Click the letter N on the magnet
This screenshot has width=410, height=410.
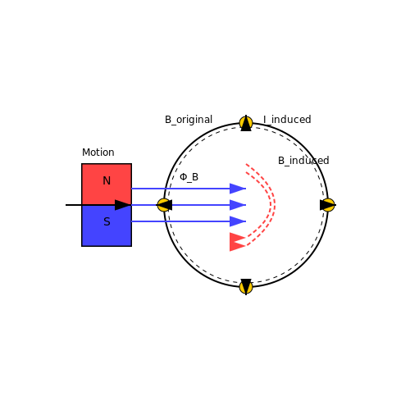(x=107, y=180)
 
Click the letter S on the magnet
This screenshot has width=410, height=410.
(x=107, y=221)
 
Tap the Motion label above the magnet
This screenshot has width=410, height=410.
(x=98, y=153)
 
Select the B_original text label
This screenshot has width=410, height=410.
(x=189, y=120)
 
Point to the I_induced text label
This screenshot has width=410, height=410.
(x=287, y=120)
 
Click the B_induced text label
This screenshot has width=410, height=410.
(x=303, y=161)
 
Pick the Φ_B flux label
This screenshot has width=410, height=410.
(x=189, y=177)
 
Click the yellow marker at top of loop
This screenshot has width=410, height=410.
(x=246, y=123)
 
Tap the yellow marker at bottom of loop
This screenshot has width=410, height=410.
(x=246, y=287)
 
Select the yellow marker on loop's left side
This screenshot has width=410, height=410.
(x=164, y=205)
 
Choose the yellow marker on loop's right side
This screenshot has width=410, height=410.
(x=328, y=205)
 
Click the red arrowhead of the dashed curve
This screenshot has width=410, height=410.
(x=237, y=242)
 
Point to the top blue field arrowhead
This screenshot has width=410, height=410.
(x=238, y=189)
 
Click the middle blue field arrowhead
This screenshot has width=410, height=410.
(x=238, y=205)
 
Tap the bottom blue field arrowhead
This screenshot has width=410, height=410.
(x=238, y=221)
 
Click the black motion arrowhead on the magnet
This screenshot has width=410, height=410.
(x=123, y=205)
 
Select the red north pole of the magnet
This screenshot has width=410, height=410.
(x=107, y=184)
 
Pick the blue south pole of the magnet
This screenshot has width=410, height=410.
(x=107, y=225)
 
